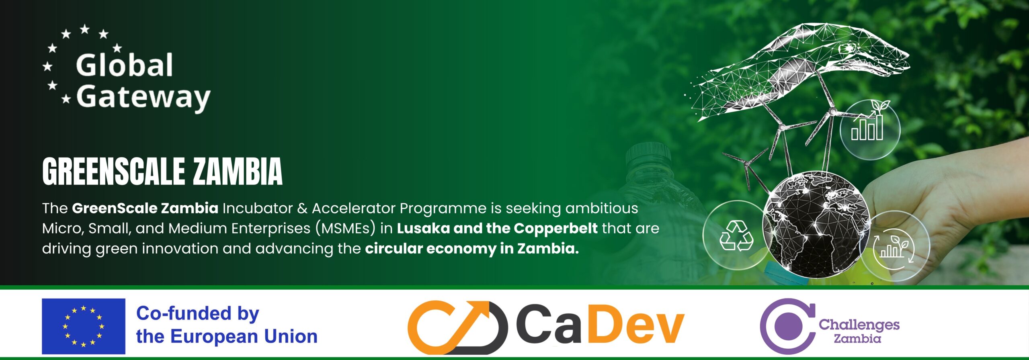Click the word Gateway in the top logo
[x=143, y=97]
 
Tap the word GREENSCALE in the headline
[x=113, y=172]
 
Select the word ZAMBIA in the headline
[x=238, y=172]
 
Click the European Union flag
[x=84, y=326]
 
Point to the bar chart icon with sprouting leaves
[x=869, y=121]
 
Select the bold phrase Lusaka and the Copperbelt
[x=497, y=228]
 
